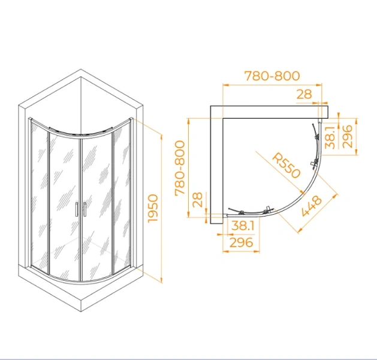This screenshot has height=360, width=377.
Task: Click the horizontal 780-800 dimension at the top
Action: pyautogui.click(x=272, y=76)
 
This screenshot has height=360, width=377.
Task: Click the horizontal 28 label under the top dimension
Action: pyautogui.click(x=304, y=94)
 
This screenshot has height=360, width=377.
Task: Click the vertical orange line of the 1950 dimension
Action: pyautogui.click(x=162, y=209)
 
